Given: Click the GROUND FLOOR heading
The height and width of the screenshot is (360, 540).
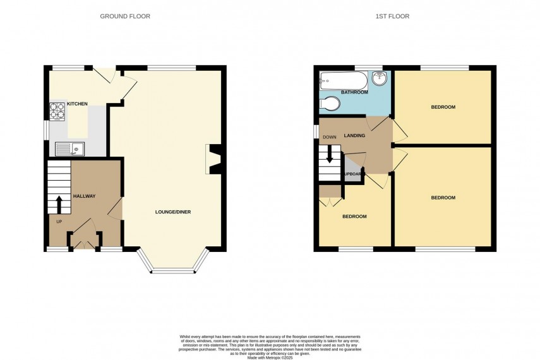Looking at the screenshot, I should pyautogui.click(x=125, y=16).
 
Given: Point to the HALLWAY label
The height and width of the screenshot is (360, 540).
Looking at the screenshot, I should pyautogui.click(x=84, y=196).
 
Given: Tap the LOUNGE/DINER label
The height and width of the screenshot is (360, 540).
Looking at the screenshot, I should pyautogui.click(x=173, y=212).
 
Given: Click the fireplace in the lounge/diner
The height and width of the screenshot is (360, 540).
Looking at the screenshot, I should pyautogui.click(x=213, y=159).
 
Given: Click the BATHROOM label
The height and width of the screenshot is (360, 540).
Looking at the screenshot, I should pyautogui.click(x=354, y=93).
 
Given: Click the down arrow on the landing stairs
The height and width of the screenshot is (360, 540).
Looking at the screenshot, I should pyautogui.click(x=329, y=157).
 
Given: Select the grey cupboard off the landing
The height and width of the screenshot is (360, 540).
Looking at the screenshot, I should pyautogui.click(x=352, y=174).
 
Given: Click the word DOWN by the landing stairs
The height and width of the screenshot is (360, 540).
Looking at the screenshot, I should pyautogui.click(x=329, y=137).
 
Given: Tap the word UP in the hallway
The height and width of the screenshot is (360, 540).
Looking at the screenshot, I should pyautogui.click(x=59, y=222).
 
